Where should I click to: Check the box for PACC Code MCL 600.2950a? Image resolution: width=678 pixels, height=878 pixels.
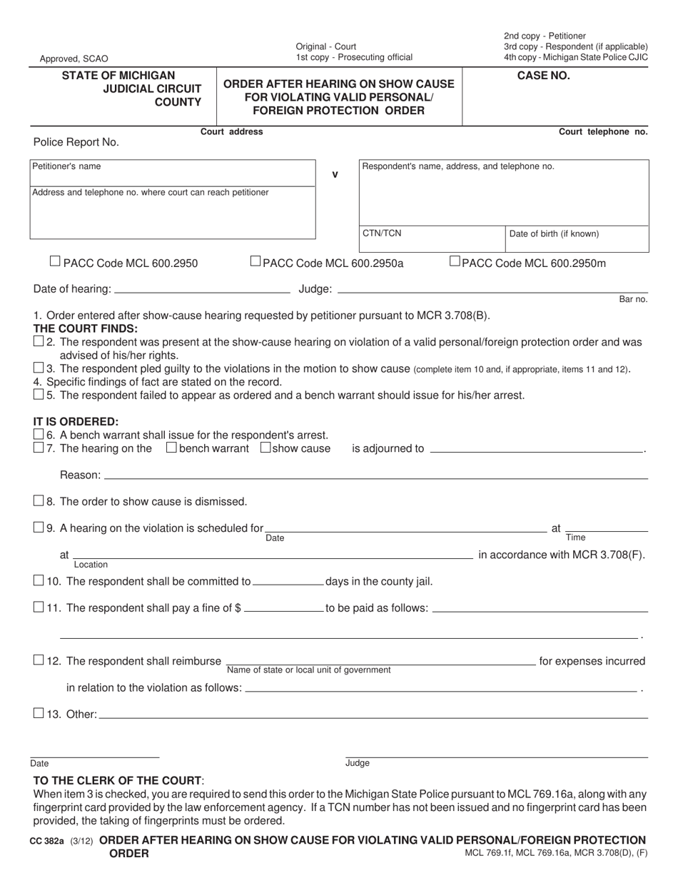pos(255,262)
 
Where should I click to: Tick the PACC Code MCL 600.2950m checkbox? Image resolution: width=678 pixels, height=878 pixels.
pos(455,262)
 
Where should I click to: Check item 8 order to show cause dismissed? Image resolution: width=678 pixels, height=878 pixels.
pos(39,501)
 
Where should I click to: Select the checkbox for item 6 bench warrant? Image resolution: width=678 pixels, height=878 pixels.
pos(39,434)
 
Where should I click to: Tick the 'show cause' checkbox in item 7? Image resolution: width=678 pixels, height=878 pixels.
pos(265,448)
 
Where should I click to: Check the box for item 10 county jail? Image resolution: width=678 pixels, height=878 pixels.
pos(39,580)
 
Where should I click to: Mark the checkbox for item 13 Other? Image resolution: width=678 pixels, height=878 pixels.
pos(39,713)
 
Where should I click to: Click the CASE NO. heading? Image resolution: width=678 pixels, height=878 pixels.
pos(543,76)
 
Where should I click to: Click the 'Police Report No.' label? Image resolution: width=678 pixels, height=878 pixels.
pos(76,142)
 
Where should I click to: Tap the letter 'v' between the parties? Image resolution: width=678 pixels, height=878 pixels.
pos(335,173)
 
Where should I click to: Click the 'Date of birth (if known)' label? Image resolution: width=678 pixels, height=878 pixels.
pos(554,233)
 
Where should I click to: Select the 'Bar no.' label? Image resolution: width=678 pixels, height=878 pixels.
pos(633,299)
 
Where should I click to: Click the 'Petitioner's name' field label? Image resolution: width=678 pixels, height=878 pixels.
pos(66,166)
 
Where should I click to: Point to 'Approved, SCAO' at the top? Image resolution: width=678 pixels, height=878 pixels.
pos(74,59)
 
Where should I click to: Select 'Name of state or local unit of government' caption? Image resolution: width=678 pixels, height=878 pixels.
pos(308,670)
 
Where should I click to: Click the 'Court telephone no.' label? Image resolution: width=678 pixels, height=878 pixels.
pos(603,131)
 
